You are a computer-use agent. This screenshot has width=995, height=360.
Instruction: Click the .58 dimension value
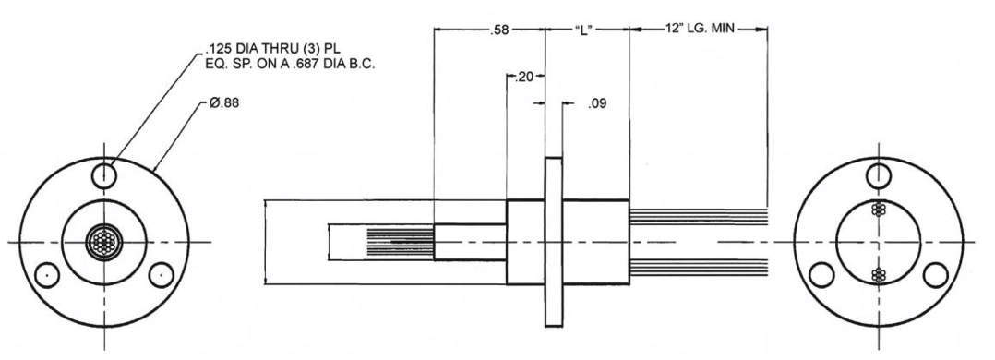(500, 30)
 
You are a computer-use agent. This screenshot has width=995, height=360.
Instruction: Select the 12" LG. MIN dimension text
(700, 29)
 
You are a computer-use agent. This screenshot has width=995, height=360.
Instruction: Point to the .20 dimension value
(524, 77)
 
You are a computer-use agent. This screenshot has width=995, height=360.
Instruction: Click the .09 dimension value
(597, 104)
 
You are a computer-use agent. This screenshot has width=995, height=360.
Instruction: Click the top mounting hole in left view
(104, 174)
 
